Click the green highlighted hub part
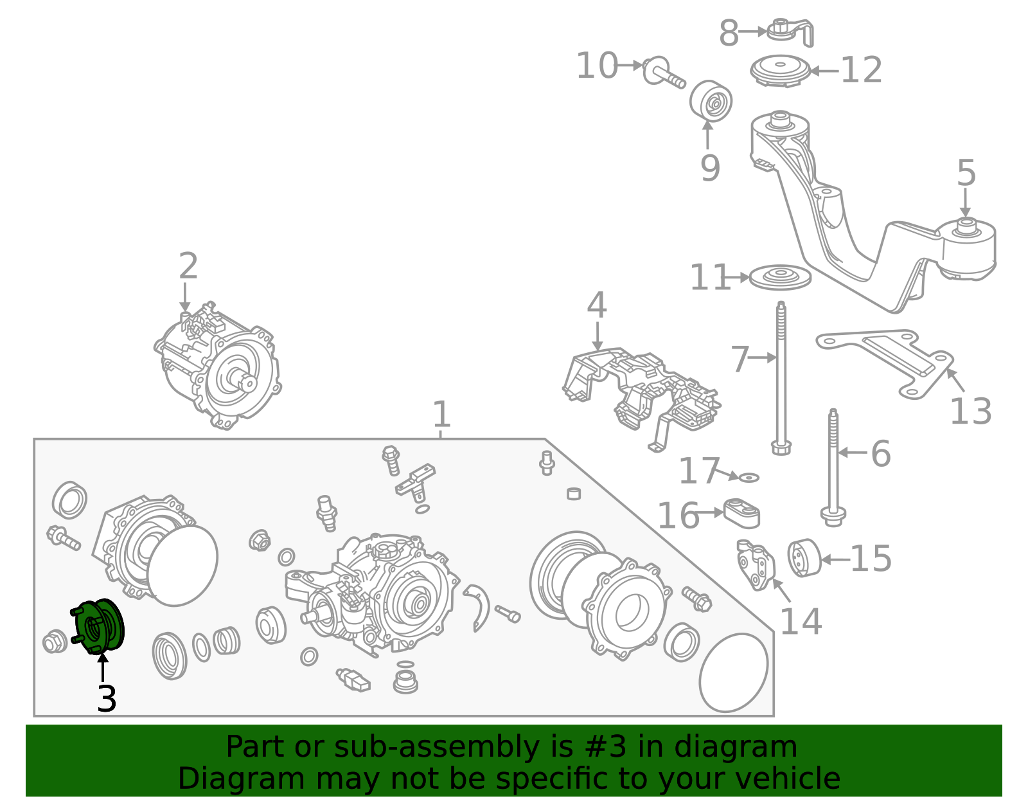pyautogui.click(x=100, y=627)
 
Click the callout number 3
pyautogui.click(x=107, y=699)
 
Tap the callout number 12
pyautogui.click(x=861, y=70)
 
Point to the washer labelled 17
pyautogui.click(x=749, y=478)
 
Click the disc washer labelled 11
pyautogui.click(x=780, y=277)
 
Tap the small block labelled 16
pyautogui.click(x=742, y=513)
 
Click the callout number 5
pyautogui.click(x=966, y=174)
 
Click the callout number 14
pyautogui.click(x=801, y=622)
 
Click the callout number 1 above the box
pyautogui.click(x=441, y=415)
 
